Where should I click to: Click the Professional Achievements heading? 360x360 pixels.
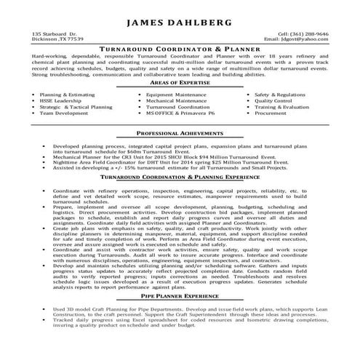click(180, 136)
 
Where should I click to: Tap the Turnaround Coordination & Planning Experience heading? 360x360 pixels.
click(180, 177)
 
